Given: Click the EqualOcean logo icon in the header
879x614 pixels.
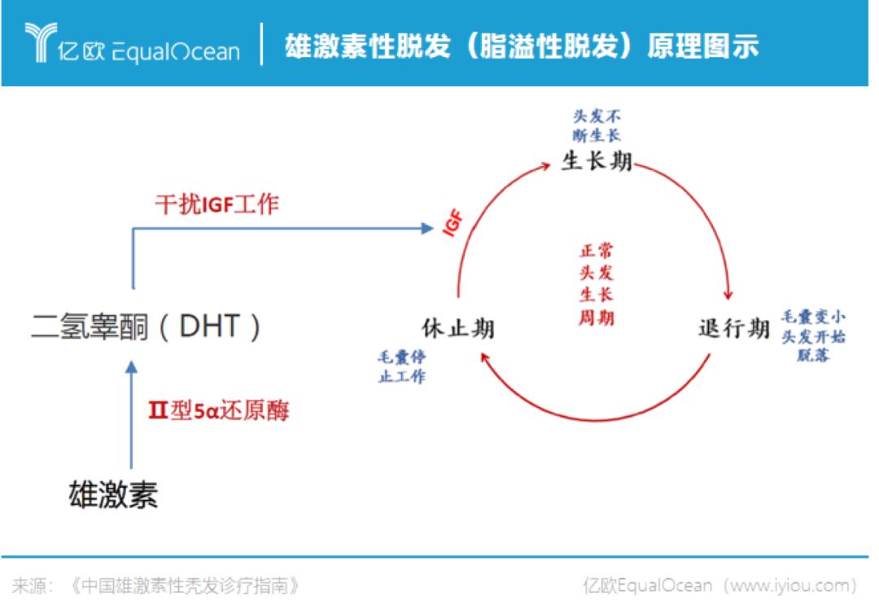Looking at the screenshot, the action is pyautogui.click(x=41, y=42).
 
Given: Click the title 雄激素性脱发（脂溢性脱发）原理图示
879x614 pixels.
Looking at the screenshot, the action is pyautogui.click(x=522, y=46).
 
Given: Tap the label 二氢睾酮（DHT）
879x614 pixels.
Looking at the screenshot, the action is pyautogui.click(x=146, y=327).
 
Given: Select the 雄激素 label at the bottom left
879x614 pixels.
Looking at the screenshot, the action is pyautogui.click(x=113, y=494).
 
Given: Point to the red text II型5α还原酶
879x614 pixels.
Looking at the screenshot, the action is pyautogui.click(x=219, y=410).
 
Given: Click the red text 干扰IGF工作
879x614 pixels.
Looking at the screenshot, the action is pyautogui.click(x=217, y=204).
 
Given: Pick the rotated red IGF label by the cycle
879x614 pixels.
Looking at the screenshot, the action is pyautogui.click(x=453, y=222).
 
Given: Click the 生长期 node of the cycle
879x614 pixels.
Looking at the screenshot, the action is pyautogui.click(x=597, y=161).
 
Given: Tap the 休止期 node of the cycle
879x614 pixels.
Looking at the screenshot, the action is pyautogui.click(x=458, y=328).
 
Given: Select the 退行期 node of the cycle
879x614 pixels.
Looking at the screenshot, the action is pyautogui.click(x=734, y=328).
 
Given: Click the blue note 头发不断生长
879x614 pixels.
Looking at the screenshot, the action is pyautogui.click(x=597, y=125).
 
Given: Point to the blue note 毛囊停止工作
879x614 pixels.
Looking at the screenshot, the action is pyautogui.click(x=402, y=366).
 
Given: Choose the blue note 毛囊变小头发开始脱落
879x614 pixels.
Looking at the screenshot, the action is pyautogui.click(x=813, y=336).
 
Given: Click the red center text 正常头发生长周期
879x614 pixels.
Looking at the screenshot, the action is pyautogui.click(x=597, y=284).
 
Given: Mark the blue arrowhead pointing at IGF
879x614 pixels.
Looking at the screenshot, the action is pyautogui.click(x=428, y=228).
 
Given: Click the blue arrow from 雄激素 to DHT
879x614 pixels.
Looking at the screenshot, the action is pyautogui.click(x=132, y=414).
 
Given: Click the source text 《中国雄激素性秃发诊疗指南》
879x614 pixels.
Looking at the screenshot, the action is pyautogui.click(x=184, y=586).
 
